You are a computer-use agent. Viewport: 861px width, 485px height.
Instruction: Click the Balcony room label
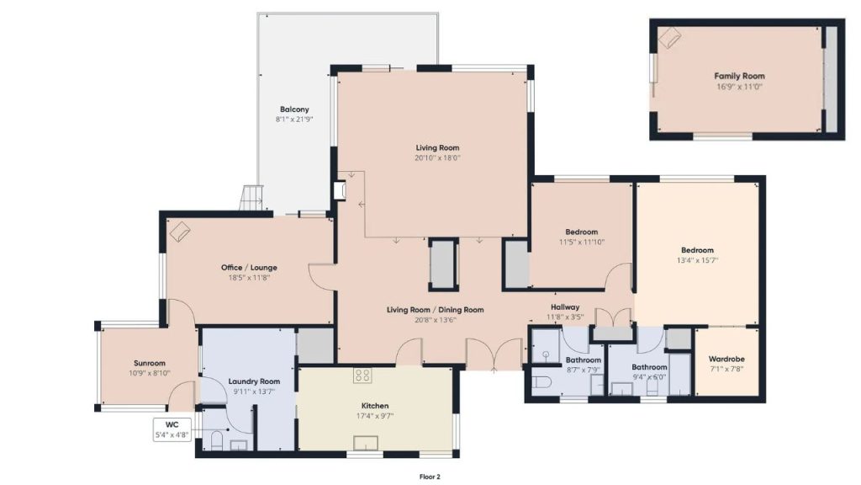click(x=293, y=109)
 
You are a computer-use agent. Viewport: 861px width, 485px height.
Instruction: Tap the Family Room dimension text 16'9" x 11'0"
click(x=739, y=86)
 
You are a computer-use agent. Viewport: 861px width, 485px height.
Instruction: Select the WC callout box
click(x=172, y=429)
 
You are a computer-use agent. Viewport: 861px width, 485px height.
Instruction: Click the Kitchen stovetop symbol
click(x=362, y=376)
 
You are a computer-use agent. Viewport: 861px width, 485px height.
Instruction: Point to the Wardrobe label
click(x=726, y=358)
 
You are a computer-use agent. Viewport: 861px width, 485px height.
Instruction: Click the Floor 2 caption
click(x=430, y=477)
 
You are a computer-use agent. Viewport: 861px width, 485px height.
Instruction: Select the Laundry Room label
click(x=253, y=381)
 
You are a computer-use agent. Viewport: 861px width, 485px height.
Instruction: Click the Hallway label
click(x=565, y=306)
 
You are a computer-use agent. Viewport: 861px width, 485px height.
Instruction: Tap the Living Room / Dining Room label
click(x=435, y=310)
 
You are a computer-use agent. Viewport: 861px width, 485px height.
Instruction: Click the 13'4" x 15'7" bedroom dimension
click(x=697, y=260)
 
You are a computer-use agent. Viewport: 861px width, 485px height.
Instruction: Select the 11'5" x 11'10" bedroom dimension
click(x=581, y=242)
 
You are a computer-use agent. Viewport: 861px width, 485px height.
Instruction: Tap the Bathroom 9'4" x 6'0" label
click(x=649, y=367)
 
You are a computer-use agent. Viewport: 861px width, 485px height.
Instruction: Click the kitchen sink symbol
click(x=366, y=443)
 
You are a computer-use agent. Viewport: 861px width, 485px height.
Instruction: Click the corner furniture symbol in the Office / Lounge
click(x=180, y=232)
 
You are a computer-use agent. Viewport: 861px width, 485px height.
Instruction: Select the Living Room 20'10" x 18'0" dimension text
click(x=437, y=157)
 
